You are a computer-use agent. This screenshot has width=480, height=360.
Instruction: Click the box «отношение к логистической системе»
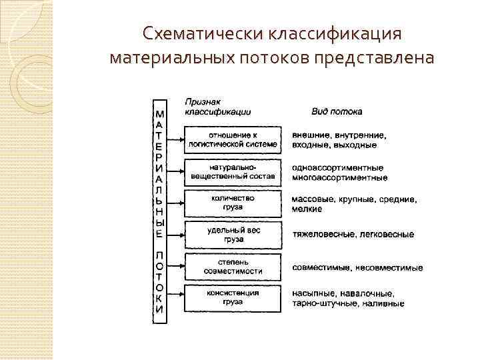(x=233, y=139)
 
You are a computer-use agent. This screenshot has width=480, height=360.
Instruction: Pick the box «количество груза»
(x=233, y=203)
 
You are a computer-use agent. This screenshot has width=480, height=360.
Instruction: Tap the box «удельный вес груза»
(x=233, y=234)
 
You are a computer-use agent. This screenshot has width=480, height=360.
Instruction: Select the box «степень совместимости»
(x=233, y=266)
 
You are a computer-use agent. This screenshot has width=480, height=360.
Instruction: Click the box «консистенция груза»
(x=233, y=297)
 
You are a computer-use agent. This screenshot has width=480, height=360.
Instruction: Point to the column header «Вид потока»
(x=333, y=111)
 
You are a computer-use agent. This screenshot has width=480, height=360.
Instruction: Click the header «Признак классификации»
(x=213, y=107)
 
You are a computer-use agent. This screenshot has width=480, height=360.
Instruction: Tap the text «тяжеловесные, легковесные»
(x=353, y=235)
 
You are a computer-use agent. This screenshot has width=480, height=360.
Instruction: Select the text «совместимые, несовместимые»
(x=357, y=267)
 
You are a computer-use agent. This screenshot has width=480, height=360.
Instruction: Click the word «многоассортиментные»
(x=339, y=178)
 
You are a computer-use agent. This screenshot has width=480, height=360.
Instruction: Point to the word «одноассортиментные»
(x=337, y=167)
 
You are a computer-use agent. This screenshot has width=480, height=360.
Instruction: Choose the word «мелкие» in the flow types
(x=307, y=209)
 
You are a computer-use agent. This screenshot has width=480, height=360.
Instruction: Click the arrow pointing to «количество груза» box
(x=175, y=203)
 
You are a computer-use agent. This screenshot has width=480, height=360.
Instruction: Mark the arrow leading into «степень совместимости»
(x=175, y=266)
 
